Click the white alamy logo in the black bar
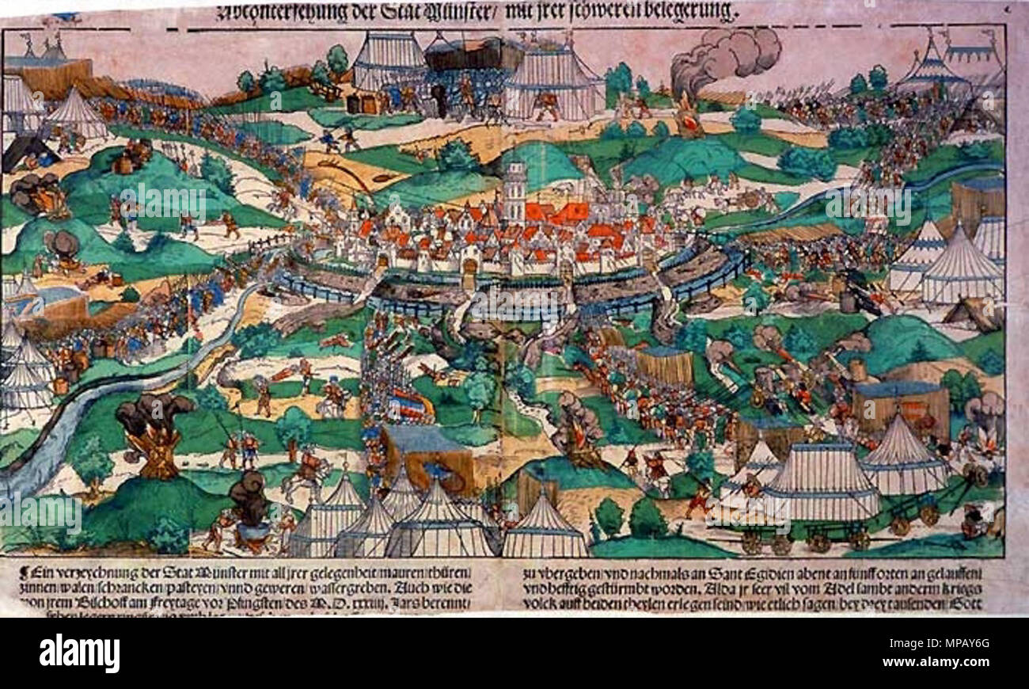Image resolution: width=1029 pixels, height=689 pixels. pos(79,653)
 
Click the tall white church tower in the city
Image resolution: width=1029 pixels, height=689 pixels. pos(513,190)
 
